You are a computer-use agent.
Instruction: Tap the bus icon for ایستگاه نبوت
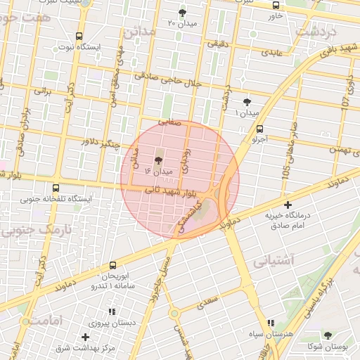coord(79,36)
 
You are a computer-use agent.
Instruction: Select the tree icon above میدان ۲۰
coord(182,13)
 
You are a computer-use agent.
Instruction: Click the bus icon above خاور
coord(275,5)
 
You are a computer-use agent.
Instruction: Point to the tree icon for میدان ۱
coord(246,103)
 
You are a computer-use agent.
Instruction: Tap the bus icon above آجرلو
coord(260,129)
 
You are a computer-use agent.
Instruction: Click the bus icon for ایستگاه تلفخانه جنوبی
coord(56,188)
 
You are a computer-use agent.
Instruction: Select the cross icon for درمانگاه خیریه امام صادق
coord(288,205)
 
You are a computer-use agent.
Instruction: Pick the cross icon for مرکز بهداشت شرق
coord(86,337)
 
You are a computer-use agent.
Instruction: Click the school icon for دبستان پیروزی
coord(111,311)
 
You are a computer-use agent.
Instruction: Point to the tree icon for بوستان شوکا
coord(328,335)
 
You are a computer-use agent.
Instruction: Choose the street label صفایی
coord(169,122)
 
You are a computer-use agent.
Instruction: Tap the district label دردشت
coord(316,31)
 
